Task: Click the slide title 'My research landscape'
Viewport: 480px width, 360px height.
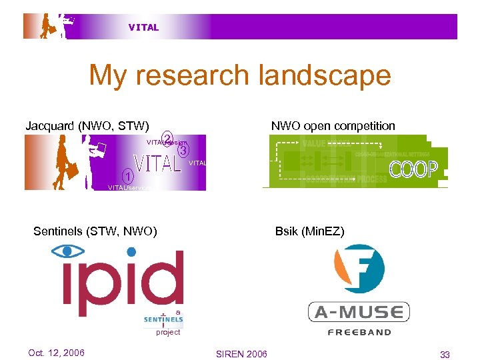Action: (240, 75)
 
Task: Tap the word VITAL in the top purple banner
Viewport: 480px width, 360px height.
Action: (144, 27)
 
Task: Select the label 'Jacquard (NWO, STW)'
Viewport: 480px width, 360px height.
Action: (87, 125)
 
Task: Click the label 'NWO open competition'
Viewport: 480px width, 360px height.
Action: (333, 125)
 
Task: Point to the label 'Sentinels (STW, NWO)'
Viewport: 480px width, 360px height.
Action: (95, 231)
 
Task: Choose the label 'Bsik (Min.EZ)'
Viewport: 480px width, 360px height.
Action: (310, 231)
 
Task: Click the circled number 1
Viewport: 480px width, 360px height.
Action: (127, 177)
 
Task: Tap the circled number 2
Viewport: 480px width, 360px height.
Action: (168, 138)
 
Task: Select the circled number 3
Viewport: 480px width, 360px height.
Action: (183, 151)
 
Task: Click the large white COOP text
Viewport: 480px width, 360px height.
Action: (413, 169)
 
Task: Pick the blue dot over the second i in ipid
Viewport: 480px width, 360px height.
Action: (132, 251)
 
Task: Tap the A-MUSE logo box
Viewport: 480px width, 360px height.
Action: (359, 312)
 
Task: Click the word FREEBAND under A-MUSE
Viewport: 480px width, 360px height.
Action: (359, 331)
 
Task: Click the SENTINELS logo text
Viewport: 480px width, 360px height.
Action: (163, 319)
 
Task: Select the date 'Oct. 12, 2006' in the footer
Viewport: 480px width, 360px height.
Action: (57, 353)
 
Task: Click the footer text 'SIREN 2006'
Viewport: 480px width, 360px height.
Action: (242, 353)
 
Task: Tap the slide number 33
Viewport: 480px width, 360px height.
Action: (444, 353)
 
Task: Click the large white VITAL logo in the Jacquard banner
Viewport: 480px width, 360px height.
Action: (159, 163)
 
